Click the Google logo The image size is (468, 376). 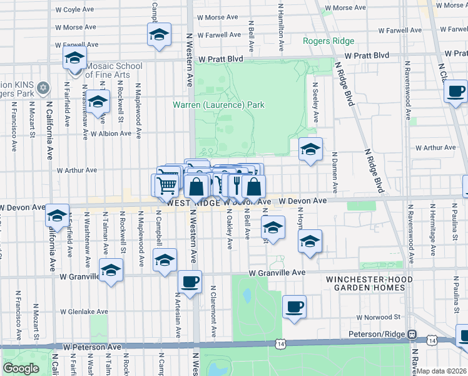click(x=21, y=368)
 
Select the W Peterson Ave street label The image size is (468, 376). click(x=91, y=347)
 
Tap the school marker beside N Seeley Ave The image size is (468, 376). click(x=310, y=150)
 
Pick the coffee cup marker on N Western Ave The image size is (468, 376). click(x=190, y=282)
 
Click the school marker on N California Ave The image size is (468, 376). click(x=57, y=216)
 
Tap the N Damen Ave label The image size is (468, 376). click(x=335, y=172)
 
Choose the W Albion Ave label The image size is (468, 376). click(x=111, y=133)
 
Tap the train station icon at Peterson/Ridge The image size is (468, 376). click(x=412, y=334)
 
